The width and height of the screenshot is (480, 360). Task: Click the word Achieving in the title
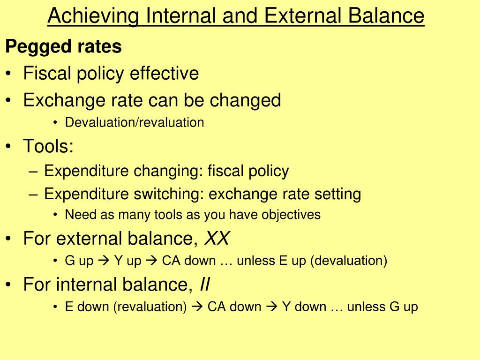pyautogui.click(x=93, y=16)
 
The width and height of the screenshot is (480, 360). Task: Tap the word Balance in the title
pyautogui.click(x=386, y=15)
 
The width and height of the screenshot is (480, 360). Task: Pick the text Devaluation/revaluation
pyautogui.click(x=135, y=122)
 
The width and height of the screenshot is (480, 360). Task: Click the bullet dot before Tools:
pyautogui.click(x=8, y=146)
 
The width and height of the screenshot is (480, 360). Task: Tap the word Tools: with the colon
pyautogui.click(x=48, y=146)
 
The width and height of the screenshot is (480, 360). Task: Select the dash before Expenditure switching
pyautogui.click(x=33, y=195)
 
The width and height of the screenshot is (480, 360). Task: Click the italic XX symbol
pyautogui.click(x=217, y=238)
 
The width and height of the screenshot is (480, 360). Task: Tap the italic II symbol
pyautogui.click(x=205, y=284)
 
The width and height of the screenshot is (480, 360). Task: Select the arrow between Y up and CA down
pyautogui.click(x=151, y=261)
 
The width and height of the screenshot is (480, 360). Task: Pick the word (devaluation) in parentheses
pyautogui.click(x=349, y=261)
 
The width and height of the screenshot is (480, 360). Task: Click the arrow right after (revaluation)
pyautogui.click(x=197, y=307)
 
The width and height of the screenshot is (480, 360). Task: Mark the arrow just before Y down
pyautogui.click(x=272, y=307)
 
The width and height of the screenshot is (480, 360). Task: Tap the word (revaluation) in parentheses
pyautogui.click(x=150, y=307)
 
